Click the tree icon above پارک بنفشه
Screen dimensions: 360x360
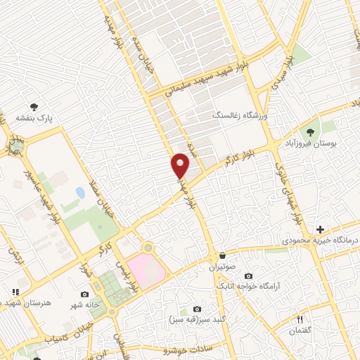[x=34, y=106]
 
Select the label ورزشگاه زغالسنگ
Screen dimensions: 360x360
[x=238, y=113]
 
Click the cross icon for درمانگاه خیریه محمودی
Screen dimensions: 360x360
[x=320, y=229]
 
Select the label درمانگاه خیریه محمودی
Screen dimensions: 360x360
[x=321, y=240]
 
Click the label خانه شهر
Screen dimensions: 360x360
[x=84, y=304]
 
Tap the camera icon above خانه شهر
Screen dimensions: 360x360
[x=84, y=294]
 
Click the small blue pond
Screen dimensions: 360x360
[x=80, y=192]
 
